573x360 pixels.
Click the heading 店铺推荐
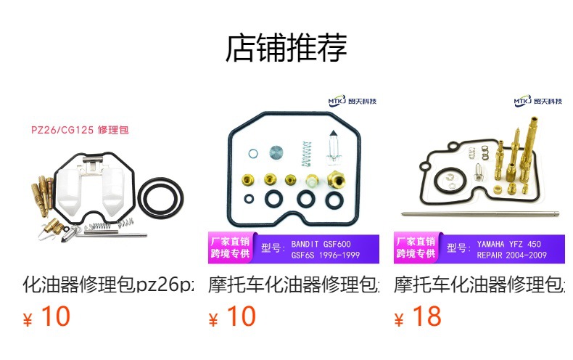(286, 48)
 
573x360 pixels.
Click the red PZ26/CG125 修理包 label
(80, 131)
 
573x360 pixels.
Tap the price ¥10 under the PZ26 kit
(48, 317)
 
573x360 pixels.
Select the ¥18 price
(419, 317)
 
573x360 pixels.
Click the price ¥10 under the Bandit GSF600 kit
(233, 317)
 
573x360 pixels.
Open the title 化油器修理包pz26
(109, 284)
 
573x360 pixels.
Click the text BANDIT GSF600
(321, 244)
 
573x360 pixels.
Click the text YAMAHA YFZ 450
(508, 244)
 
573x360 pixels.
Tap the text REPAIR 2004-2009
(509, 255)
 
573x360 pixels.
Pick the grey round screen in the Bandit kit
(276, 154)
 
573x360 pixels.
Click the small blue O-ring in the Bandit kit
(252, 154)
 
